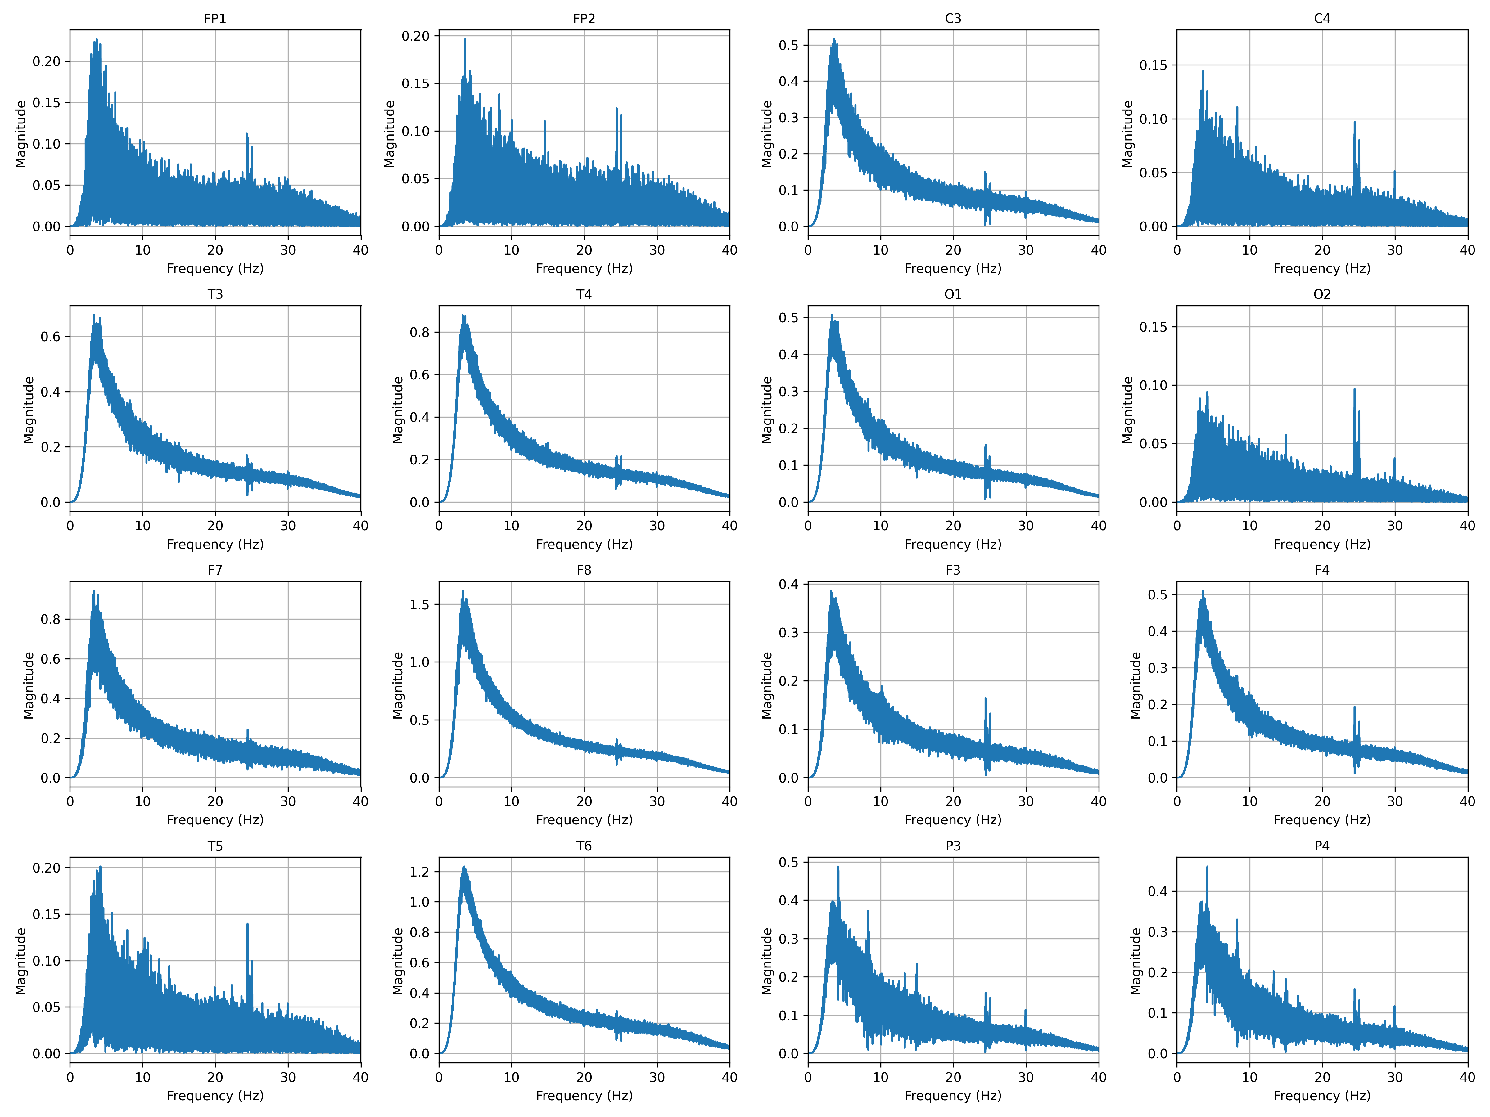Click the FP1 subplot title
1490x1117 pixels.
pyautogui.click(x=215, y=19)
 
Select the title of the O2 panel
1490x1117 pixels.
pyautogui.click(x=1322, y=294)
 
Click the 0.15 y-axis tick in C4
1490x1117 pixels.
pyautogui.click(x=1153, y=65)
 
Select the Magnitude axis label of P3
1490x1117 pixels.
pyautogui.click(x=766, y=961)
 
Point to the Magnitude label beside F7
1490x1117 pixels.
pyautogui.click(x=28, y=685)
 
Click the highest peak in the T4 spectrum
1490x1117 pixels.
pyautogui.click(x=463, y=315)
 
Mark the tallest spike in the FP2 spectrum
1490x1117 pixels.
pyautogui.click(x=465, y=40)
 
